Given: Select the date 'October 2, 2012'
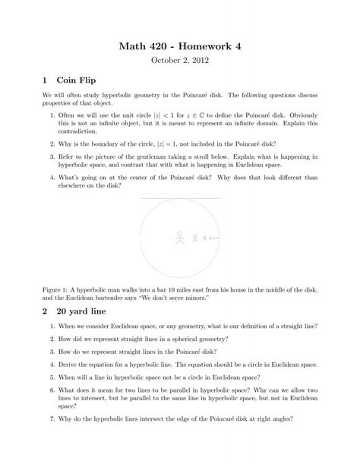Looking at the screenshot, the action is (x=179, y=63).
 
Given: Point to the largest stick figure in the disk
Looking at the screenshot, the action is (x=180, y=238).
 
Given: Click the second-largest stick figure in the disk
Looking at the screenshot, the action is (x=195, y=238).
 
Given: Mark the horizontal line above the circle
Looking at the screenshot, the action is (x=179, y=198).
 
